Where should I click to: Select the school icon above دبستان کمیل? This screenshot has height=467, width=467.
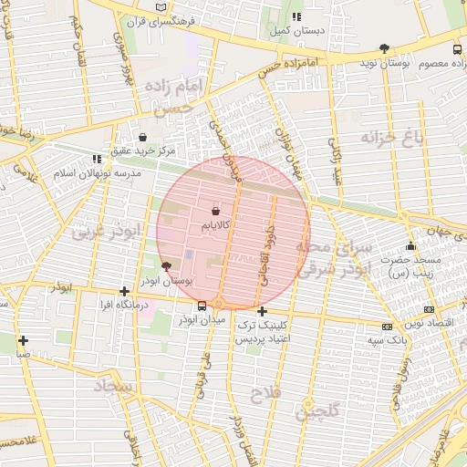pos(296,16)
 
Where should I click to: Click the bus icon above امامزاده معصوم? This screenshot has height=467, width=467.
pos(457,49)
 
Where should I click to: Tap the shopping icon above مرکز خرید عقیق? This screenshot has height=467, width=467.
pos(143,136)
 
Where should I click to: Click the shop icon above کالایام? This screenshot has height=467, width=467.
pos(215,210)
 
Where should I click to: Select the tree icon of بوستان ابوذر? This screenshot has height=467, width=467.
pos(165,266)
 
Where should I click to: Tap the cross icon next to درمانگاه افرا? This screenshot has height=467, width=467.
pos(124,292)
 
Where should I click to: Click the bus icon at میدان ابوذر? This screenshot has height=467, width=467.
pos(201,306)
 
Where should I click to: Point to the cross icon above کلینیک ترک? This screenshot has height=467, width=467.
pos(263,311)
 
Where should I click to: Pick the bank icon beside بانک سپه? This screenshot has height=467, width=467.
pos(388,326)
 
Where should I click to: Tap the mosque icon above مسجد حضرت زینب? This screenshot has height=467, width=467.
pos(410,246)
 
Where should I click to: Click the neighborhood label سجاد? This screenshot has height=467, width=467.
pos(111,387)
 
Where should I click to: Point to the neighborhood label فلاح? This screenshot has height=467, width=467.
pos(271,391)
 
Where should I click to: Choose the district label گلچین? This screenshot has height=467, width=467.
pos(316,411)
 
